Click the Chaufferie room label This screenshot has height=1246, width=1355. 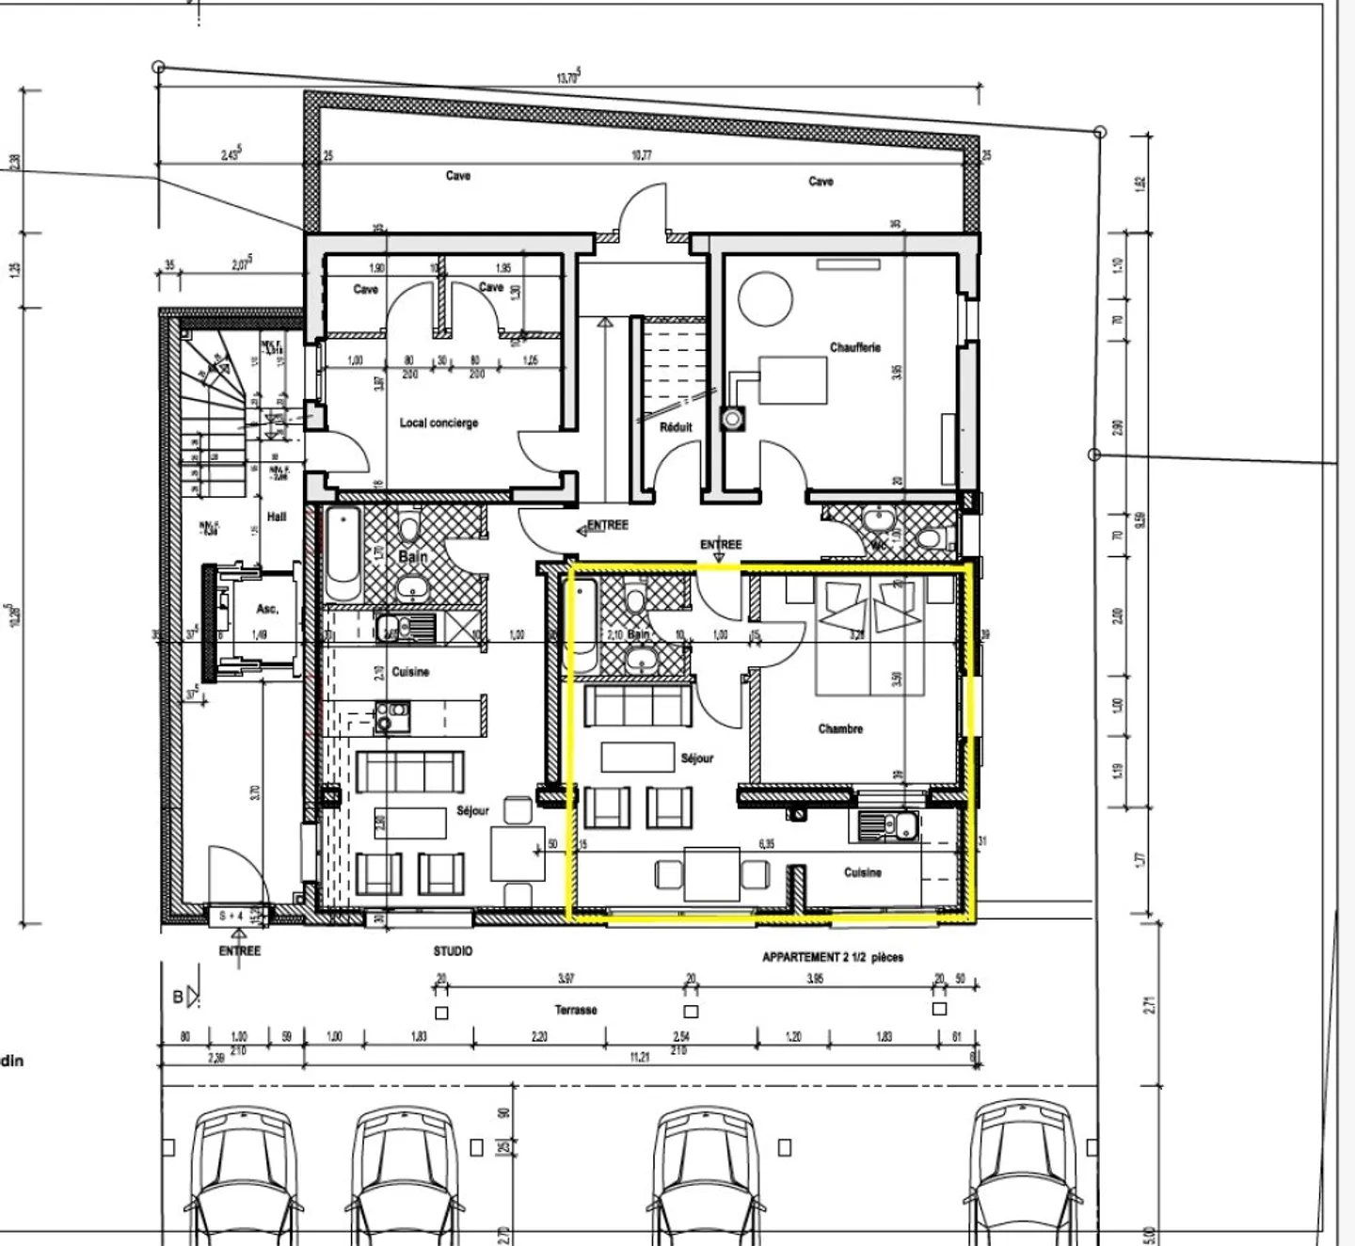coord(854,347)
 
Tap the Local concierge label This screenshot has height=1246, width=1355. coord(438,423)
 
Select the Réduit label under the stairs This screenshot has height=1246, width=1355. coord(676,427)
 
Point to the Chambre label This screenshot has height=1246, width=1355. coord(840,728)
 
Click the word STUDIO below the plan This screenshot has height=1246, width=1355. coord(453,951)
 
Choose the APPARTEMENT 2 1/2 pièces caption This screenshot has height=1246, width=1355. coord(832,957)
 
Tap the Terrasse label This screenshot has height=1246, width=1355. coord(575,1010)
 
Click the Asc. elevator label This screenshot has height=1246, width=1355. coord(267,610)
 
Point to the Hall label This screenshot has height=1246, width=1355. coord(277,517)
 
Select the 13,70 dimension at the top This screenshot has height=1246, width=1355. coord(567,78)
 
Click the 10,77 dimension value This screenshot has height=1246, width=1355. coord(641,155)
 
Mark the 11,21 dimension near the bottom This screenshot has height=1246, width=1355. coord(639,1057)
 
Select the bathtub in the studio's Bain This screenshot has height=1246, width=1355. coord(343,555)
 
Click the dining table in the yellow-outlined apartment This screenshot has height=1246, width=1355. coord(712,874)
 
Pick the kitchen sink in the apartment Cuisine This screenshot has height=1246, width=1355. coord(905,826)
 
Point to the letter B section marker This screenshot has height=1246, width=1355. coord(179,997)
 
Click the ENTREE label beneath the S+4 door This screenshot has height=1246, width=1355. coord(239,950)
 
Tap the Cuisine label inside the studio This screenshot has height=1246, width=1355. coord(410,672)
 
